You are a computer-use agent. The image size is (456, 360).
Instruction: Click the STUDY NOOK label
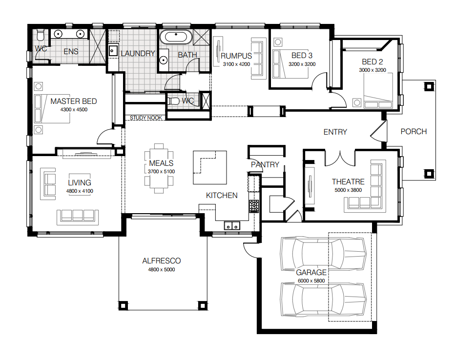point(145,118)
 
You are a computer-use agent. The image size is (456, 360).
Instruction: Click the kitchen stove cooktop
point(254,205)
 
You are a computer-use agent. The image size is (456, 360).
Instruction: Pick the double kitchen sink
point(231,225)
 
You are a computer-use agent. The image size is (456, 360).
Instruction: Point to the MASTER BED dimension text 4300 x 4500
point(73,110)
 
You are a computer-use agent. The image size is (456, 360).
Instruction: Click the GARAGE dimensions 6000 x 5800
point(311,280)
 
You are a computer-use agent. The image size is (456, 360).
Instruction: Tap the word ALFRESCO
point(162,261)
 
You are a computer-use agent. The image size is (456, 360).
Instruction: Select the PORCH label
point(414,131)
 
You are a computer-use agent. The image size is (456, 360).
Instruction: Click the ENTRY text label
point(335,132)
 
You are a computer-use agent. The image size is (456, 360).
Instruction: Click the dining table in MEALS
point(159,168)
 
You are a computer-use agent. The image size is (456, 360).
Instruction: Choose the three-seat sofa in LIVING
point(77,215)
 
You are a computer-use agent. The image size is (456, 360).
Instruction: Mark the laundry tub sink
point(112,50)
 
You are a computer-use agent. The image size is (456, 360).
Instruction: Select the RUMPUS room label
point(236,56)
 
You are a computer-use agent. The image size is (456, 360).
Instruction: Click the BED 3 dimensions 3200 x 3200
point(302,64)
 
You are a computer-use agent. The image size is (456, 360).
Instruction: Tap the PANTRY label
point(265,164)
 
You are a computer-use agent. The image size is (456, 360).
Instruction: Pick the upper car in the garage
point(323,253)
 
